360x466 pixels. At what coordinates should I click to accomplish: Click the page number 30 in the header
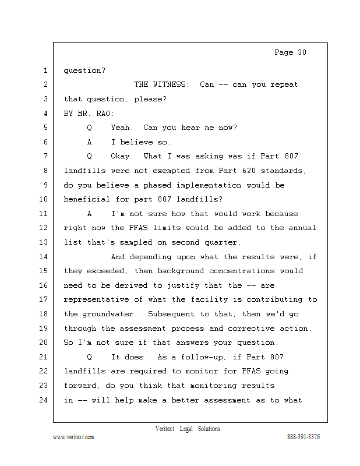click(301, 52)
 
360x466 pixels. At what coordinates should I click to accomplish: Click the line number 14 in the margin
click(44, 257)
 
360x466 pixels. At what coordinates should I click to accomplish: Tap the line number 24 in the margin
click(44, 400)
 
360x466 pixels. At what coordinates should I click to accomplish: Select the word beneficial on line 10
click(87, 199)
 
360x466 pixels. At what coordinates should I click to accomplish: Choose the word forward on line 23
click(82, 386)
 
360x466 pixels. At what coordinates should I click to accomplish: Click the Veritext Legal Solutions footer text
click(188, 429)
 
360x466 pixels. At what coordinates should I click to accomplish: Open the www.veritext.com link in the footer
click(73, 437)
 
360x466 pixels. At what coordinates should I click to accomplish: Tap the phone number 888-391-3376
click(303, 437)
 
